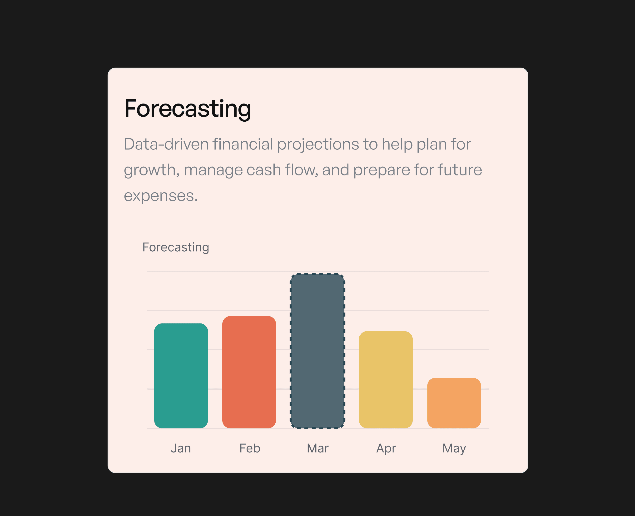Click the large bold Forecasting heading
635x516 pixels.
pos(188,109)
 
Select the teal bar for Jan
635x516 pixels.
pos(181,376)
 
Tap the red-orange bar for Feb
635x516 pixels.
pos(249,372)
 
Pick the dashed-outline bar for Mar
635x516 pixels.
pos(317,351)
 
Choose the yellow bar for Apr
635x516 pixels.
pos(386,380)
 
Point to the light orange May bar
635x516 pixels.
pos(454,403)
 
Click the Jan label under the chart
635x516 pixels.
pos(181,448)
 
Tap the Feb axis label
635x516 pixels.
pos(250,448)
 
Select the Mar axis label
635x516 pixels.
pos(317,448)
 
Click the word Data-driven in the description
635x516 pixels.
pos(166,144)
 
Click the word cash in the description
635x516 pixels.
pos(263,170)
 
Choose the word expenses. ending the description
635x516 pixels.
pos(161,196)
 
